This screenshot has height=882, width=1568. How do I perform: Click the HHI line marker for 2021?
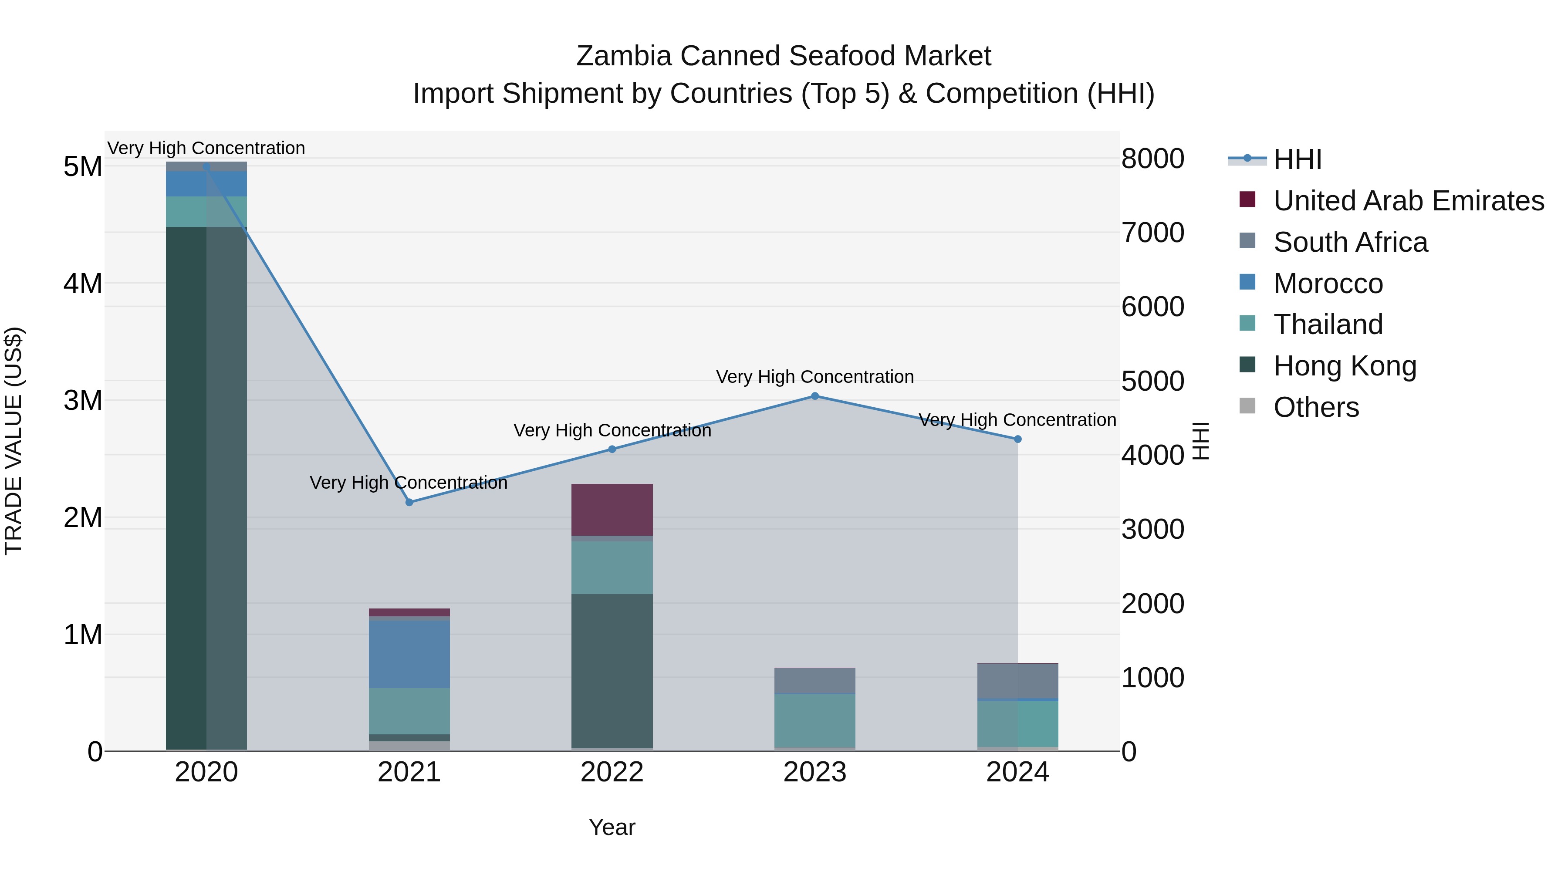pyautogui.click(x=409, y=502)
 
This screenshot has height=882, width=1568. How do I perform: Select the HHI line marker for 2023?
pyautogui.click(x=815, y=396)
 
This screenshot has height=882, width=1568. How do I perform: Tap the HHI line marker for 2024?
pyautogui.click(x=1018, y=439)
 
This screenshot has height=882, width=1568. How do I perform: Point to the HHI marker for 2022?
pyautogui.click(x=612, y=449)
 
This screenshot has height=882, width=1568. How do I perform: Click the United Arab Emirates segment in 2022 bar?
pyautogui.click(x=612, y=510)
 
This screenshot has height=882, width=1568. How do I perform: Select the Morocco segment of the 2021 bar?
pyautogui.click(x=409, y=654)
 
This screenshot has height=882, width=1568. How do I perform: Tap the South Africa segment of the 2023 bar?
pyautogui.click(x=815, y=680)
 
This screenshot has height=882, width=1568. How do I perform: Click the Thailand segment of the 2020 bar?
pyautogui.click(x=206, y=211)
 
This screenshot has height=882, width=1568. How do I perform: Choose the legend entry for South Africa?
pyautogui.click(x=1350, y=242)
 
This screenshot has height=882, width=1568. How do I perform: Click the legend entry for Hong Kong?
pyautogui.click(x=1345, y=366)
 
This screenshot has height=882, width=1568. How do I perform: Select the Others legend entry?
pyautogui.click(x=1315, y=407)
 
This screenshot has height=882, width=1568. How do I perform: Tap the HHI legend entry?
pyautogui.click(x=1297, y=159)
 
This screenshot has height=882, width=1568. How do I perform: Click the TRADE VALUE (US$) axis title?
pyautogui.click(x=14, y=441)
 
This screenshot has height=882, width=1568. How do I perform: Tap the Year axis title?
pyautogui.click(x=612, y=827)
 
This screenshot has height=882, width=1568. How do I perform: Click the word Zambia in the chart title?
pyautogui.click(x=624, y=56)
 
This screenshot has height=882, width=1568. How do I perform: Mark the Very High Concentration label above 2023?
pyautogui.click(x=815, y=377)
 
